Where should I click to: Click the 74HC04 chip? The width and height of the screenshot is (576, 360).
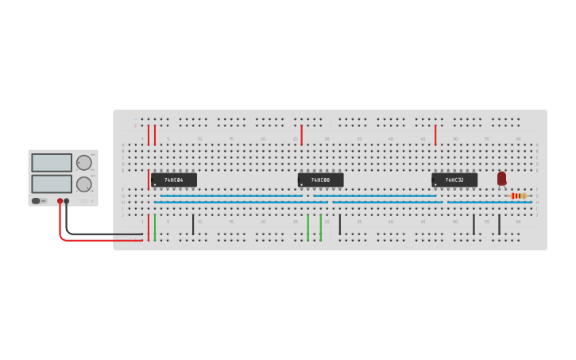point(174,180)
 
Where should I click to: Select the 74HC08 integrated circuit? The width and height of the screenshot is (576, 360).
point(320,180)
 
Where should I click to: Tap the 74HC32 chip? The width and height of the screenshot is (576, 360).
point(454,180)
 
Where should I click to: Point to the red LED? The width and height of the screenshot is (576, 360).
point(501,178)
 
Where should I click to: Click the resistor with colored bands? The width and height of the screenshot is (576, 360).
point(518,195)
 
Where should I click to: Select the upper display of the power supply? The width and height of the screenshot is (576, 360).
point(52,163)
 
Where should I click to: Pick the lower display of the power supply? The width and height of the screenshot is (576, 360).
point(52,184)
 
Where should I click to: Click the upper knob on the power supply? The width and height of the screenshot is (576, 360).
point(83,163)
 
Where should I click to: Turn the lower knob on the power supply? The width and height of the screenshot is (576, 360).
point(83,184)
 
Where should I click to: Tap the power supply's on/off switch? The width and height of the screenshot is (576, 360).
point(37,201)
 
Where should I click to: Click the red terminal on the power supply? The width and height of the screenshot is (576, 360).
point(60,201)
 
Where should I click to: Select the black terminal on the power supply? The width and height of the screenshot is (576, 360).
point(67,201)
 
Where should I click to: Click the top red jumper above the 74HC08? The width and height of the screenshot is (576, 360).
point(301,134)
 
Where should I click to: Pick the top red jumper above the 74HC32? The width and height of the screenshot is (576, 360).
point(435,134)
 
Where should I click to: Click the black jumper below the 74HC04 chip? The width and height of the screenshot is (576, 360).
point(192,224)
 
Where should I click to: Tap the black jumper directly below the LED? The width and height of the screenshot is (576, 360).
point(499,224)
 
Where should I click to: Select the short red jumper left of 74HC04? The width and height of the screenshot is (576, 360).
point(148,179)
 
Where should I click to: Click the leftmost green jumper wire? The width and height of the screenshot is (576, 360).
point(154,227)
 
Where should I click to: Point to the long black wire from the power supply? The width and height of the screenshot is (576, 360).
point(103,234)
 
